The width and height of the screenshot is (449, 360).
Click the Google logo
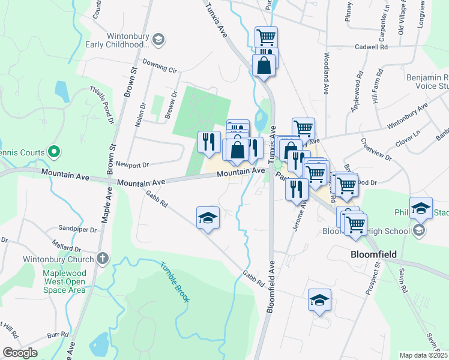[x=19, y=353]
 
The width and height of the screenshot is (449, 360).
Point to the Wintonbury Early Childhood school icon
[x=158, y=40]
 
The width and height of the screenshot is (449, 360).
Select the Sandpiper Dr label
[x=77, y=229]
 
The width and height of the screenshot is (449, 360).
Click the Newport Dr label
[x=131, y=164]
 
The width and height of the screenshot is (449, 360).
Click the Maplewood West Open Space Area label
[x=64, y=281]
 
